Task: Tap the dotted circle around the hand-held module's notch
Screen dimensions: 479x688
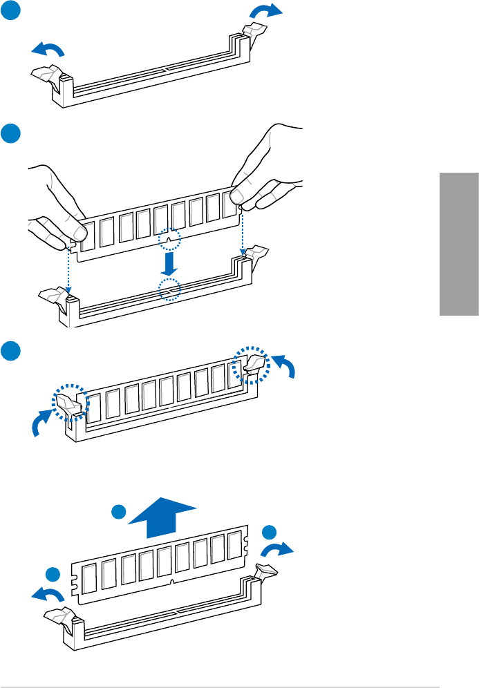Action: click(x=169, y=240)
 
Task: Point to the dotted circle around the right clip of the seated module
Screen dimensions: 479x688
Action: click(x=250, y=364)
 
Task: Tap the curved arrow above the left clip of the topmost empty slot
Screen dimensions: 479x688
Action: click(x=48, y=48)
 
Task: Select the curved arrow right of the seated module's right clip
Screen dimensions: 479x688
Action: click(x=283, y=365)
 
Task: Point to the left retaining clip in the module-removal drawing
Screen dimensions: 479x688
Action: click(x=57, y=616)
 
